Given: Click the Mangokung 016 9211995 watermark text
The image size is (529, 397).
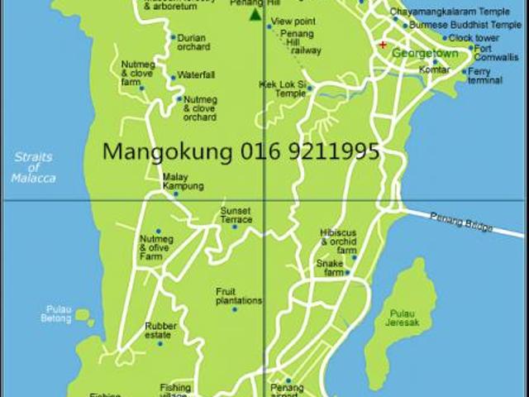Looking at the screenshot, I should coord(241,151).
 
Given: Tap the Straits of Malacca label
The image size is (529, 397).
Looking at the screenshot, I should coord(33,167).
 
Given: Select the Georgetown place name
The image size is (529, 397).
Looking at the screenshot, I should coord(425,52).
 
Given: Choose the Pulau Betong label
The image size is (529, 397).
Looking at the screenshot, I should coord(58,314).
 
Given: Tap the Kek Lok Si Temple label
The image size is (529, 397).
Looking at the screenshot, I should coord(282,88).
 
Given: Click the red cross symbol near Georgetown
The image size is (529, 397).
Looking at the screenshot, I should coord(382,45).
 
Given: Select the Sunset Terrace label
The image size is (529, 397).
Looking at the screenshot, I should coord(236,215).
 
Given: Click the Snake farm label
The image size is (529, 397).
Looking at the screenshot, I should coord(330,267).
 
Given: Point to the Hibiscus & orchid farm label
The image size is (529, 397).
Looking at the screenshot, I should coord(338,241).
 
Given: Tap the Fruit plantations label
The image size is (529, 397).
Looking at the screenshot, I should coord(239,296).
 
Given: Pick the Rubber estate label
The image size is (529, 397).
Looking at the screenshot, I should coord(159,330).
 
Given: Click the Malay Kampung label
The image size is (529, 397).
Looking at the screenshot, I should coord(183,181).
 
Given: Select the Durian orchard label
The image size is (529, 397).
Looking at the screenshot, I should coord(193,42).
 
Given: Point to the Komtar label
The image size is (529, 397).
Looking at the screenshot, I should coord(434,70).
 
